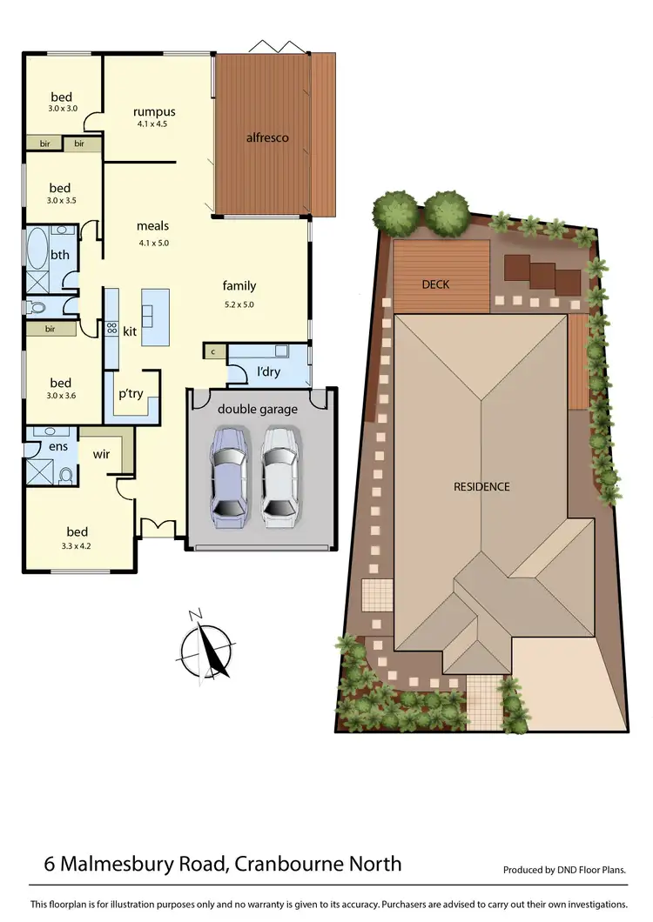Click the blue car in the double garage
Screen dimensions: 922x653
tap(229, 476)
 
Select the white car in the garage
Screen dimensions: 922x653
tap(279, 476)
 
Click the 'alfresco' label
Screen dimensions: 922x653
tap(266, 137)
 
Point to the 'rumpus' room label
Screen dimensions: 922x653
tap(154, 111)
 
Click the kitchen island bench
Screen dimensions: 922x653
tap(155, 317)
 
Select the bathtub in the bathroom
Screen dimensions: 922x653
tap(37, 250)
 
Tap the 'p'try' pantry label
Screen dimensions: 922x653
tap(131, 394)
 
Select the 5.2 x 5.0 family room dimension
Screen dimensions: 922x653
tap(239, 304)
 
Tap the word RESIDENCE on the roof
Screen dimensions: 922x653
tap(481, 486)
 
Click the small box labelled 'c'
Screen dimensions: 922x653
tap(213, 351)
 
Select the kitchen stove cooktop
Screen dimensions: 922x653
tap(111, 329)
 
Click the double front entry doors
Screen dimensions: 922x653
tap(158, 528)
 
